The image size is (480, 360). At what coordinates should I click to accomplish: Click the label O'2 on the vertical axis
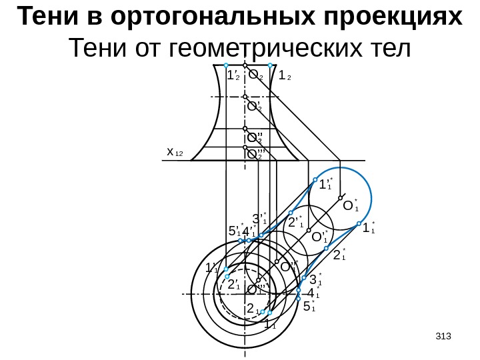(254, 105)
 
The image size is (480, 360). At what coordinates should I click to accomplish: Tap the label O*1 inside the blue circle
(350, 207)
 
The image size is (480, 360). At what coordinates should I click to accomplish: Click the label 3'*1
(259, 218)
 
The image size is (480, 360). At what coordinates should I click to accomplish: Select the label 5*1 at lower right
(309, 306)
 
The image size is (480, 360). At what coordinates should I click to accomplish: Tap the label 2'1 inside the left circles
(234, 285)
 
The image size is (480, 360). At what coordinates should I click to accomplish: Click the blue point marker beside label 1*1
(357, 223)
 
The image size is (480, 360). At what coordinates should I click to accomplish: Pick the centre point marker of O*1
(340, 198)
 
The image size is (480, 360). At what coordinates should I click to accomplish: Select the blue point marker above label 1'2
(226, 65)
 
